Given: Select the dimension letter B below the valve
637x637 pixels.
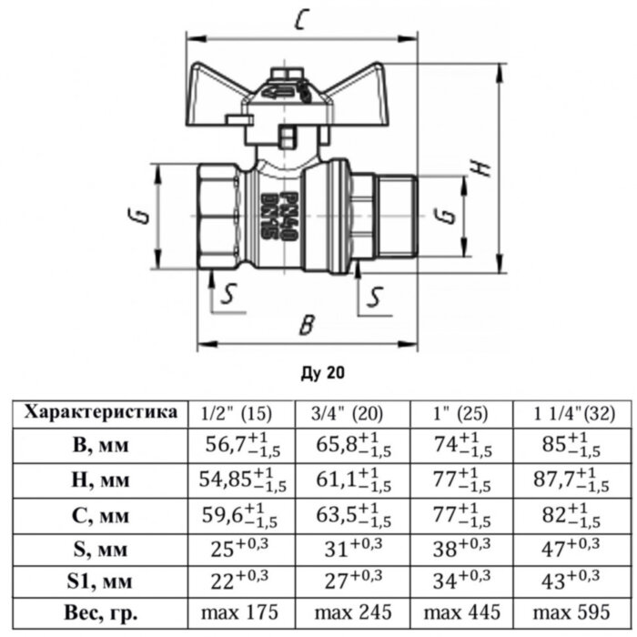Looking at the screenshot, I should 308,324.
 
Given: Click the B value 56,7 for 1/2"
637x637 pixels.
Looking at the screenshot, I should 241,445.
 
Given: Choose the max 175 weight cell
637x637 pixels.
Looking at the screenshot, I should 241,613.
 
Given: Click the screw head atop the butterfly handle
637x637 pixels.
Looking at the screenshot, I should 285,72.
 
